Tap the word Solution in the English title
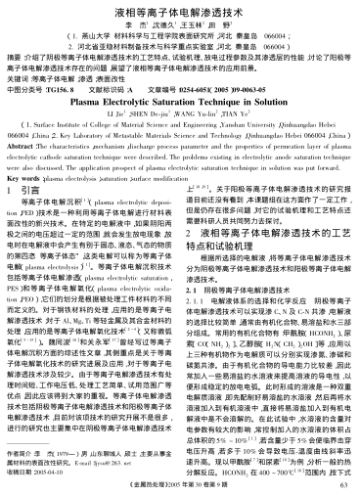(258, 100)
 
